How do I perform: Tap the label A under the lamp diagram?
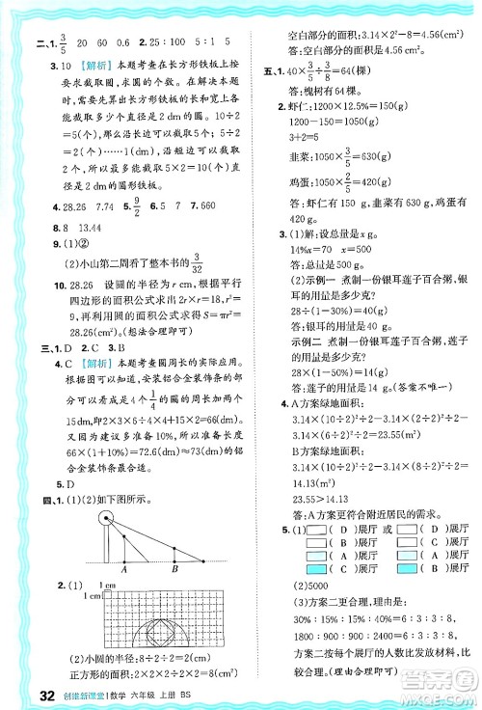(x=126, y=570)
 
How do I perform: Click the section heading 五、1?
(x=270, y=71)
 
